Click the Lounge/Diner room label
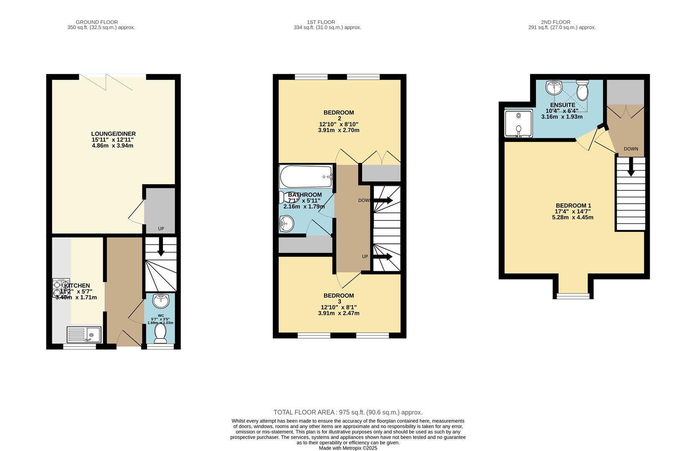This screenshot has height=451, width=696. pyautogui.click(x=114, y=134)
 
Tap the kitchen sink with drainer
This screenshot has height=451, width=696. pyautogui.click(x=84, y=334)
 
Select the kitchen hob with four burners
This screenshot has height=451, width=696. pyautogui.click(x=61, y=287)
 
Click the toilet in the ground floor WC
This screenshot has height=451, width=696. pyautogui.click(x=161, y=333)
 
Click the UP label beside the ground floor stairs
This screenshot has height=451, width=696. pyautogui.click(x=161, y=229)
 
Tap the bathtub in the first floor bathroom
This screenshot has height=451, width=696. pyautogui.click(x=306, y=177)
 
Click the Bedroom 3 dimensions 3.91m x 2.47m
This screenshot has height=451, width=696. pyautogui.click(x=339, y=313)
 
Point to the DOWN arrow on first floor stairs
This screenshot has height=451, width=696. pyautogui.click(x=382, y=200)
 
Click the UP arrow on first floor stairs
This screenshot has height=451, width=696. pyautogui.click(x=382, y=256)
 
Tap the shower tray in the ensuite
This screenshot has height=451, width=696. pyautogui.click(x=518, y=123)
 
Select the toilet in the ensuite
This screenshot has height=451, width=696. pyautogui.click(x=582, y=89)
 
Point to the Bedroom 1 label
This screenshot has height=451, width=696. pyautogui.click(x=573, y=205)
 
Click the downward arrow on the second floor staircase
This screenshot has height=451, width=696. pyautogui.click(x=631, y=166)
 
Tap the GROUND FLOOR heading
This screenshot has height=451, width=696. pyautogui.click(x=97, y=22)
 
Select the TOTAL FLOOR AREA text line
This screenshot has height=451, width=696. pyautogui.click(x=348, y=412)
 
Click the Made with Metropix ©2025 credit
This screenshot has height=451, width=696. pyautogui.click(x=348, y=448)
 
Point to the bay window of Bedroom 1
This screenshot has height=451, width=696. pyautogui.click(x=573, y=295)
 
